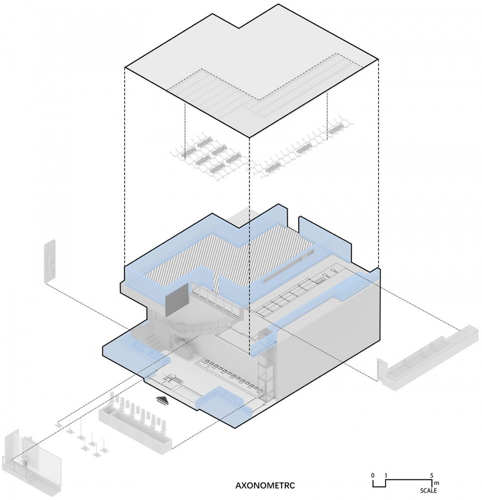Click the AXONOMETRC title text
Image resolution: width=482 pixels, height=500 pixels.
[x=265, y=485]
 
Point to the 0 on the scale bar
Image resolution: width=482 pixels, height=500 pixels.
[x=373, y=474]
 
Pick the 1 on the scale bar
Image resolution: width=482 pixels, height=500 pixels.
[x=386, y=474]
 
